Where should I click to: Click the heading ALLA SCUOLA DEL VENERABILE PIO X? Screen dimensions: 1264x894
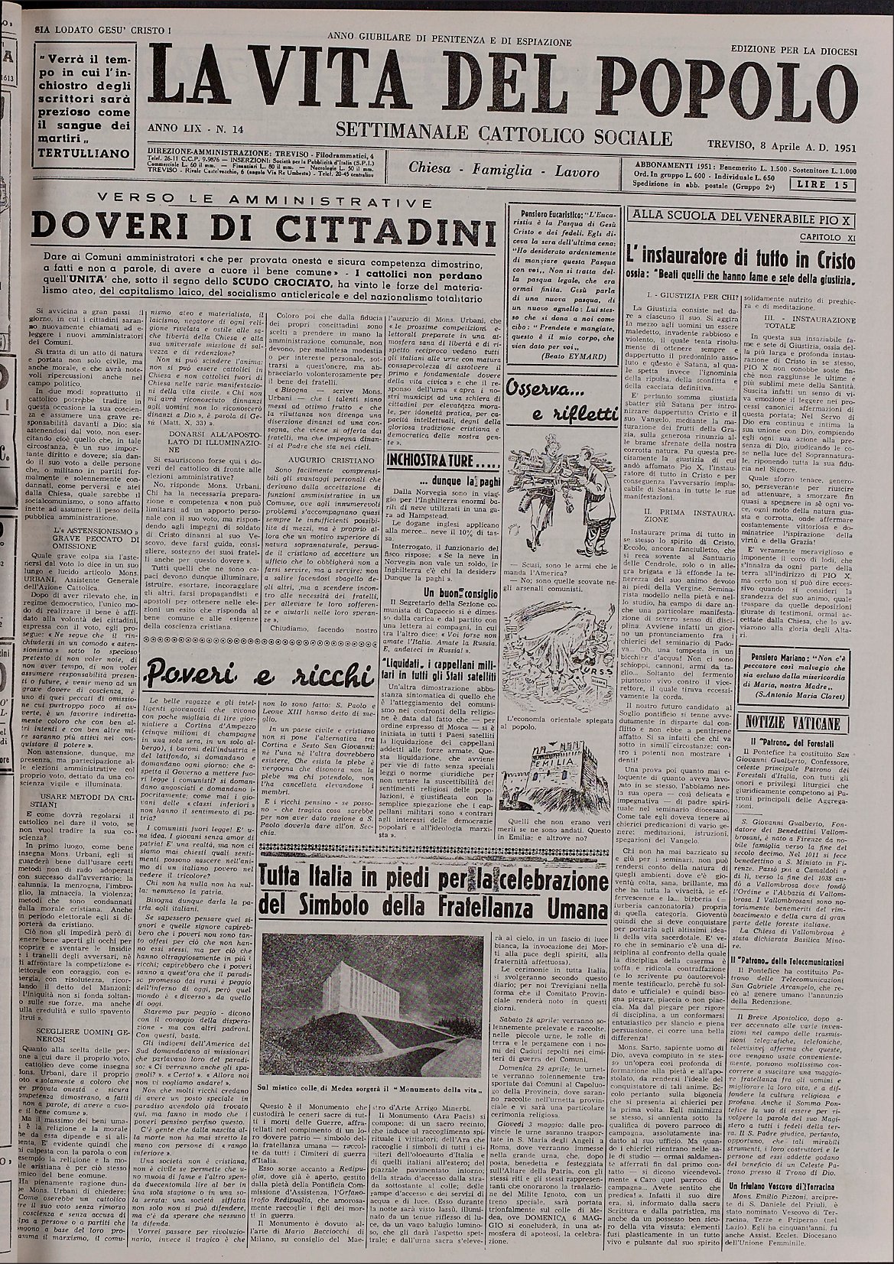740,216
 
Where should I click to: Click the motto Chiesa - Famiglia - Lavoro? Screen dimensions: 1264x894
503,171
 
